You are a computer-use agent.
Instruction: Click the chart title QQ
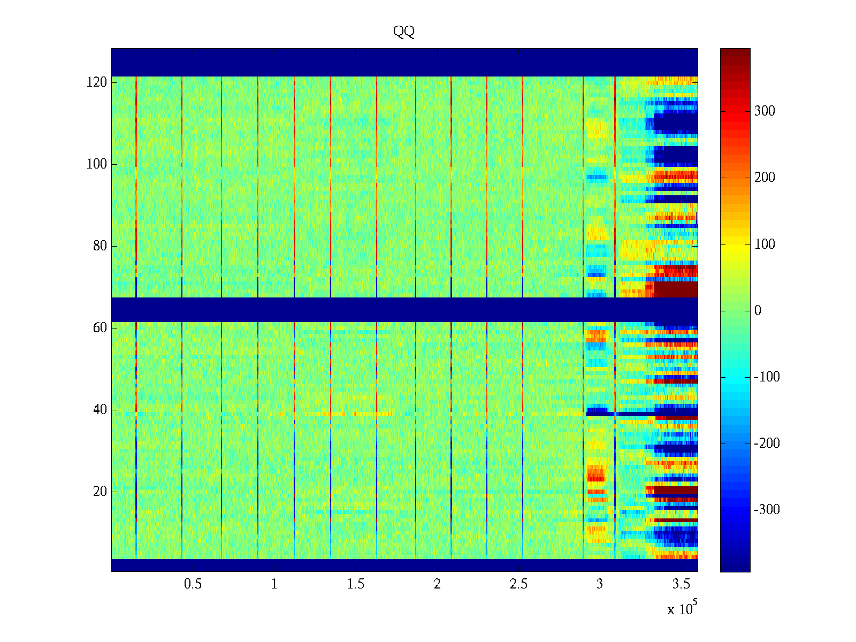point(404,32)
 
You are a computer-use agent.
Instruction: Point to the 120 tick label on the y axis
point(97,82)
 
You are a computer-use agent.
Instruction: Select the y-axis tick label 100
point(97,164)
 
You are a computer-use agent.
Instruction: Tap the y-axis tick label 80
point(100,246)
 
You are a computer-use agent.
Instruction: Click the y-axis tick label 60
point(100,328)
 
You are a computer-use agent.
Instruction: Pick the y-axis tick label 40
point(100,410)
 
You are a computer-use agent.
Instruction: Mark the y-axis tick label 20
point(100,492)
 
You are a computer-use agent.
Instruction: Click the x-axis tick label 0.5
point(193,584)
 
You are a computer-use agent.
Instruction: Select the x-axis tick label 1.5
point(356,584)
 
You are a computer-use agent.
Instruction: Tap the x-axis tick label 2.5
point(518,584)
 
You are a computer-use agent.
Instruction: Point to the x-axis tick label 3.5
point(682,584)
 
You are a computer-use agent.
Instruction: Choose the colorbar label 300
point(765,111)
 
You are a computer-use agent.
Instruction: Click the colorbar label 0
point(758,311)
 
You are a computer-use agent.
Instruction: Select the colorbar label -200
point(767,444)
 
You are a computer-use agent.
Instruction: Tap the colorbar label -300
point(767,510)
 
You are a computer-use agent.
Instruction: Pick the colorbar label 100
point(765,244)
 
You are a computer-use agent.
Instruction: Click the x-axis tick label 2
point(437,584)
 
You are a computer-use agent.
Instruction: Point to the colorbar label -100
point(767,377)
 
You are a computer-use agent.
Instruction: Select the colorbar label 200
point(765,178)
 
